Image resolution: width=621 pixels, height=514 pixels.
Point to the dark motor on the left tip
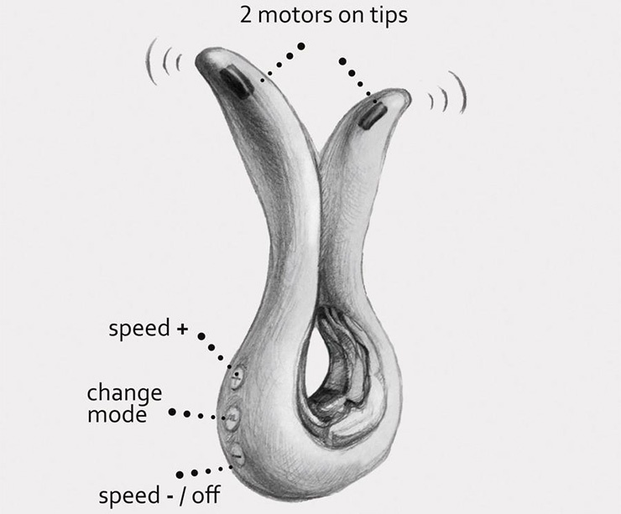(x=234, y=82)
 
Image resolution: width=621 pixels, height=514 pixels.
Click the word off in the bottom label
(x=203, y=495)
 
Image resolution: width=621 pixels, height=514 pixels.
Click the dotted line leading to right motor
(x=356, y=79)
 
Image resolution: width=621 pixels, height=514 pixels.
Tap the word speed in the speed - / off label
(x=127, y=495)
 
